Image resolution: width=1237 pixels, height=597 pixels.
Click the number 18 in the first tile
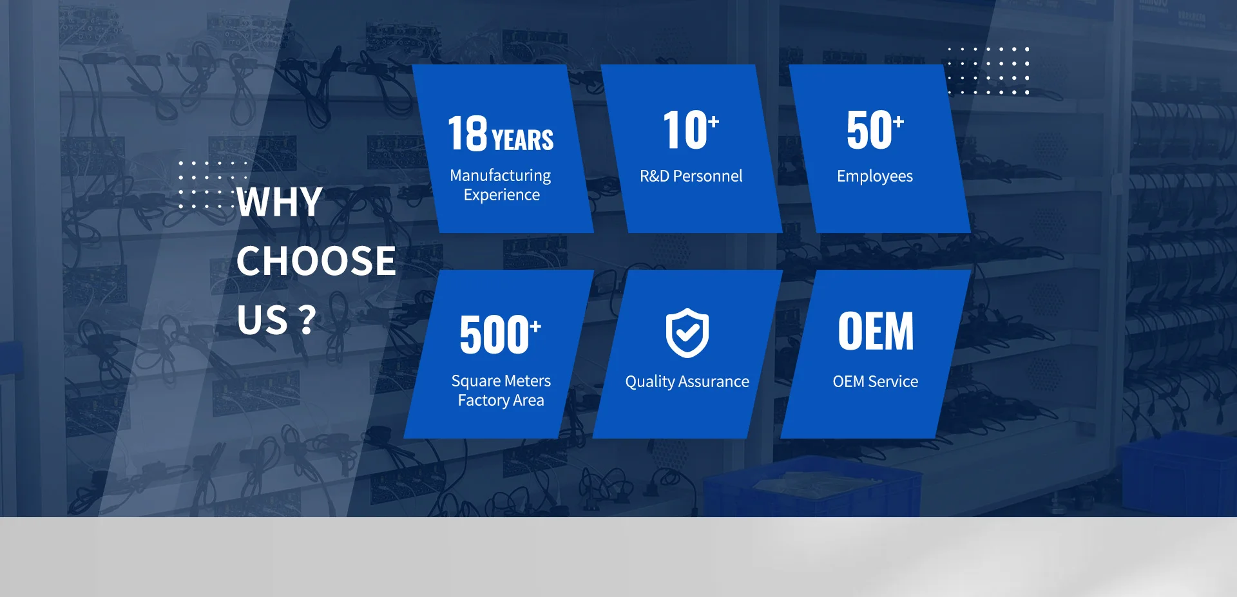point(468,133)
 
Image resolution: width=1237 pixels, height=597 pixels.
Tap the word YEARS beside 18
point(523,140)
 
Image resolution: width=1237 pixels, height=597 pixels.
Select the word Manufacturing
point(501,176)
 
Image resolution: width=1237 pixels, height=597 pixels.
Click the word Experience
point(502,195)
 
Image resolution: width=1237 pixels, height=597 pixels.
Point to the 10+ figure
point(691,129)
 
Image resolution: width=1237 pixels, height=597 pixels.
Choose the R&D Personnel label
point(691,176)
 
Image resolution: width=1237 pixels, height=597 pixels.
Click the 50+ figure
point(876,129)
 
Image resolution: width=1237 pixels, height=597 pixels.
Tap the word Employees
point(875,176)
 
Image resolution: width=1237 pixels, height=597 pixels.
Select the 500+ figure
point(501,335)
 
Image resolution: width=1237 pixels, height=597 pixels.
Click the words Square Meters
point(501,381)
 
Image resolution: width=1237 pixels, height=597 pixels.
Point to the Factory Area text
point(501,401)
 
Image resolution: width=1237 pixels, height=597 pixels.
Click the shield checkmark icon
point(687,332)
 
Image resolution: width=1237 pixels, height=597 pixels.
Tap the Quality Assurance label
point(687,382)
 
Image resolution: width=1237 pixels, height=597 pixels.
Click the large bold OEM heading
point(876,332)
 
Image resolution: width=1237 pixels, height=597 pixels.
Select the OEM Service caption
point(876,381)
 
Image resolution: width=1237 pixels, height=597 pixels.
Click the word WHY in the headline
point(280,202)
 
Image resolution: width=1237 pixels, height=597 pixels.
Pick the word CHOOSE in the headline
point(316,261)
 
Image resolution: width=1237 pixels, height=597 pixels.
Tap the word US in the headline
point(262,320)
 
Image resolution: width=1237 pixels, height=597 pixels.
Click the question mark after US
point(307,319)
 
